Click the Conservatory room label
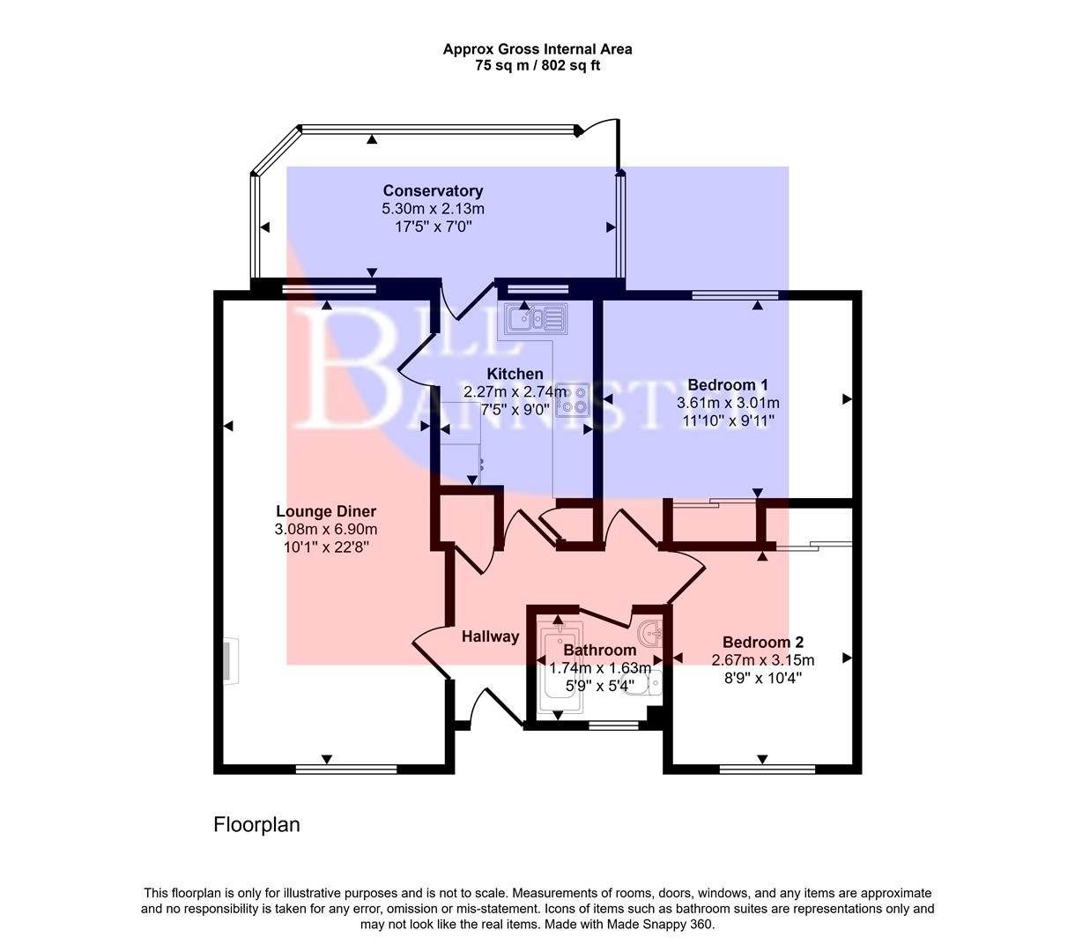point(433,191)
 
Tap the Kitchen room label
point(515,374)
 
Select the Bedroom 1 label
point(728,385)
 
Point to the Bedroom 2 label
point(763,643)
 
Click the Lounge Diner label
point(326,511)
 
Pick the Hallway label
point(491,636)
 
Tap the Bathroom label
point(600,651)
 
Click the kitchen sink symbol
point(534,316)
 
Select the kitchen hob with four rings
point(573,399)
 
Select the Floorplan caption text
point(256,825)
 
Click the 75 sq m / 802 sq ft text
point(537,65)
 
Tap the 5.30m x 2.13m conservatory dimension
point(433,209)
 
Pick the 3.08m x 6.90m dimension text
point(326,530)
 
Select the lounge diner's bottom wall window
point(346,770)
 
